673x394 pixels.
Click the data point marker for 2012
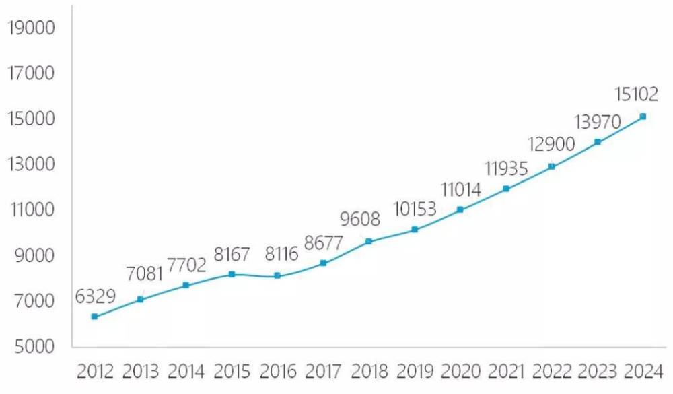click(x=94, y=317)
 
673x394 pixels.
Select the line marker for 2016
click(x=277, y=275)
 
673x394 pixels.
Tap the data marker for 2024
click(x=643, y=117)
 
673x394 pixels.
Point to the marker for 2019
click(x=415, y=230)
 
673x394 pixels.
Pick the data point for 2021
click(x=506, y=189)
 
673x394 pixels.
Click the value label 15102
click(x=635, y=95)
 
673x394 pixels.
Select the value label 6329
click(x=96, y=296)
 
